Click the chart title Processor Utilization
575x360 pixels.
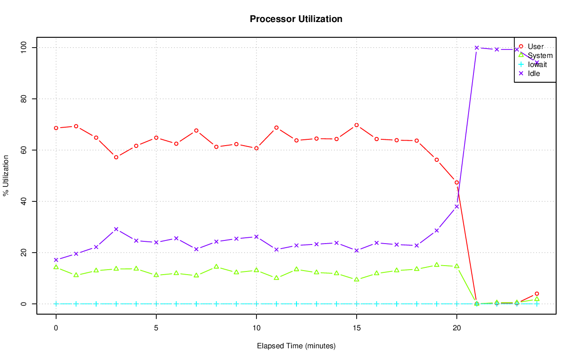pos(296,19)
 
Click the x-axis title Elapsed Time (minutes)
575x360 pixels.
pos(296,346)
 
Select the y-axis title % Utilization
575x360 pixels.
pos(6,175)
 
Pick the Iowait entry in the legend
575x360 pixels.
pos(537,64)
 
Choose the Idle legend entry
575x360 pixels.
pos(534,73)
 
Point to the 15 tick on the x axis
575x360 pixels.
pos(356,328)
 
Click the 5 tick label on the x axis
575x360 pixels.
pos(156,328)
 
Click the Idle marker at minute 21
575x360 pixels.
pos(477,48)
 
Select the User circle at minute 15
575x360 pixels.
pos(356,125)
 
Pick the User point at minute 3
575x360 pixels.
pos(116,157)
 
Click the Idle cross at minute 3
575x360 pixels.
pos(116,229)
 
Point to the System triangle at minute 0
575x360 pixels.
pos(56,267)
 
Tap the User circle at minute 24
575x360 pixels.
pos(537,293)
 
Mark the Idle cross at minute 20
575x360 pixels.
pos(456,207)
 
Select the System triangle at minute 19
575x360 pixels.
pos(437,265)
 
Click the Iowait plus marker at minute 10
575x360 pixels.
pos(256,304)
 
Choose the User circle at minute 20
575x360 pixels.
pos(456,182)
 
